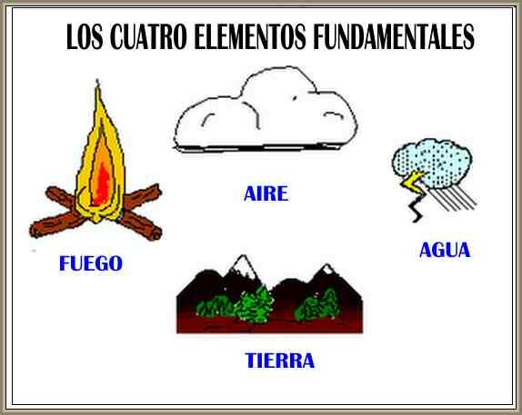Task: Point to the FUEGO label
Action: tap(90, 264)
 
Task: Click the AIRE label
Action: tap(266, 193)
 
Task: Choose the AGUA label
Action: tap(445, 250)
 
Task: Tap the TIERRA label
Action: tap(280, 361)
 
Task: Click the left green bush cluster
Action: tap(251, 304)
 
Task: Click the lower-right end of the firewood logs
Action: tap(155, 233)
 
